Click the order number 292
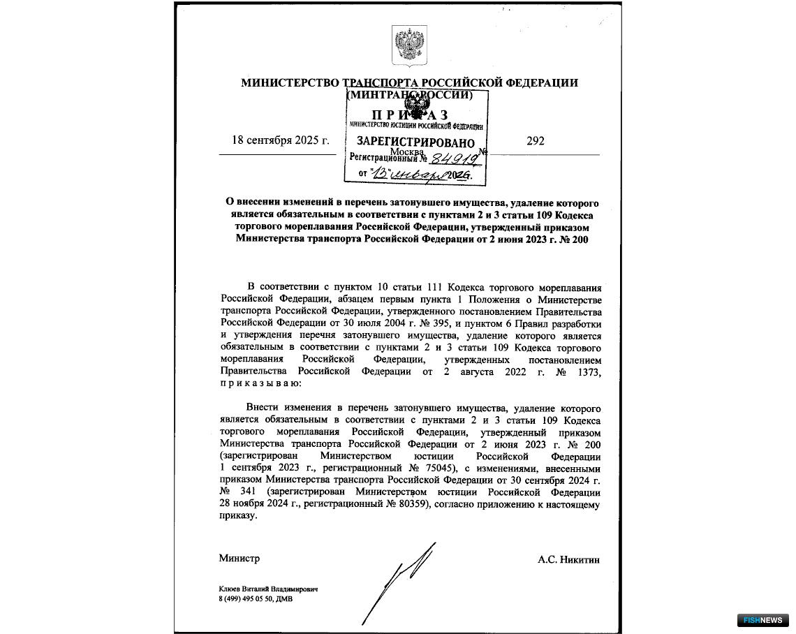pyautogui.click(x=536, y=141)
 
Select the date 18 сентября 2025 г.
pyautogui.click(x=280, y=141)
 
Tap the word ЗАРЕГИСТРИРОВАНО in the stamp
pyautogui.click(x=406, y=142)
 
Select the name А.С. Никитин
pyautogui.click(x=568, y=559)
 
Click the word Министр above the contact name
pyautogui.click(x=239, y=559)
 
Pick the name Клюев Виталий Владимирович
pyautogui.click(x=268, y=589)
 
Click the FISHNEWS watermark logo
pyautogui.click(x=762, y=620)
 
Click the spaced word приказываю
pyautogui.click(x=261, y=383)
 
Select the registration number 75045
pyautogui.click(x=437, y=468)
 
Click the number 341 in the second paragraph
pyautogui.click(x=249, y=492)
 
